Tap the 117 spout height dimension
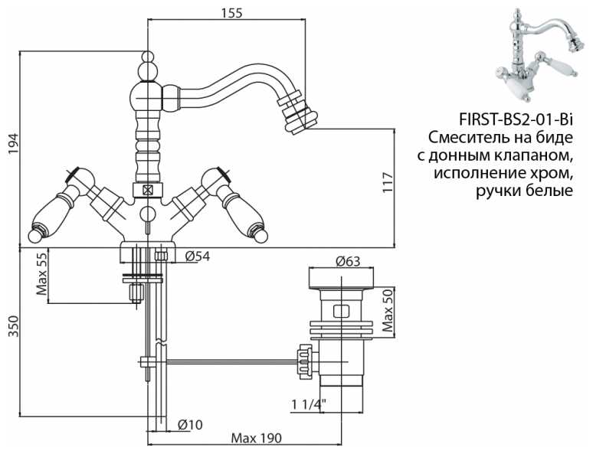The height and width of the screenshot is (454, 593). [x=388, y=185]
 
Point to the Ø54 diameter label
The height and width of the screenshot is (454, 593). [x=198, y=256]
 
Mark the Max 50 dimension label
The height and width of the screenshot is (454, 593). [x=388, y=307]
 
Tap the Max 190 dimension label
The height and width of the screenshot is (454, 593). [x=257, y=439]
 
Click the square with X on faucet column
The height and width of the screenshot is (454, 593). [x=148, y=191]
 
